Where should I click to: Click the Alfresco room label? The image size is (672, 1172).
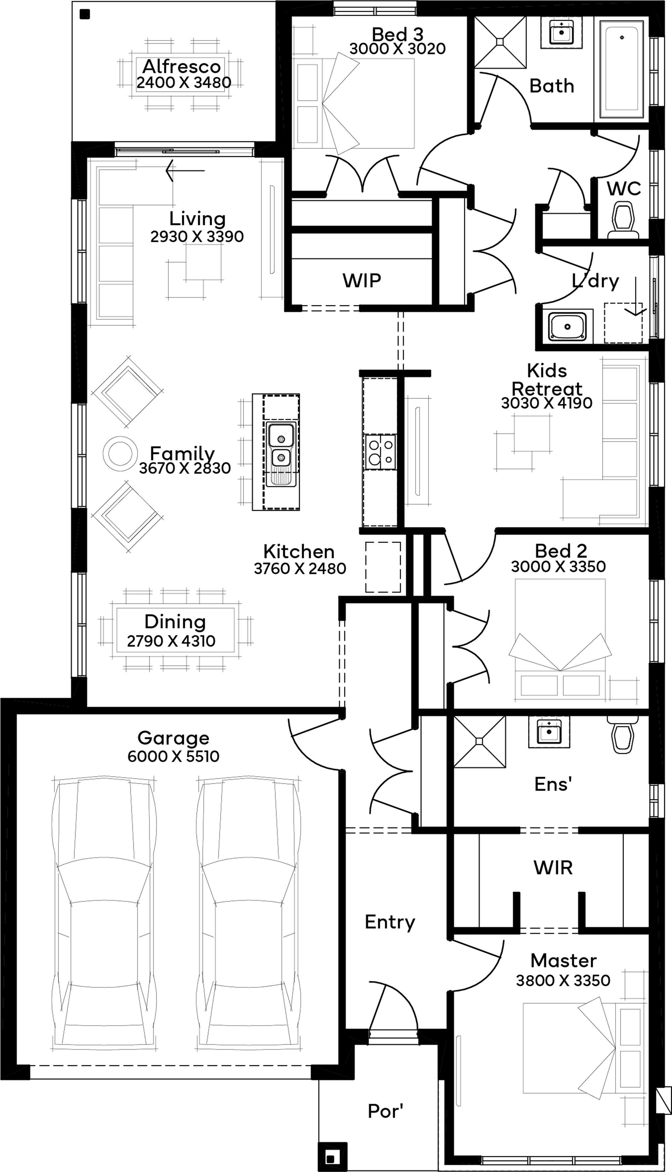[x=181, y=66]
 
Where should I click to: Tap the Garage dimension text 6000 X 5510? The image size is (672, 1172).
[x=173, y=756]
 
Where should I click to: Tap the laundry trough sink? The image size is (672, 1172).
[x=567, y=326]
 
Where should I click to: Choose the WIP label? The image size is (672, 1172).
[x=362, y=280]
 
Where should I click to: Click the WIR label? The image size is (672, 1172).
[x=553, y=868]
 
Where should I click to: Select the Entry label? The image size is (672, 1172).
[x=390, y=922]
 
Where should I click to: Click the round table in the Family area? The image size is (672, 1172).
[x=120, y=454]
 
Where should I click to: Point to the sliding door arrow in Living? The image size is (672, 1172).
[x=184, y=171]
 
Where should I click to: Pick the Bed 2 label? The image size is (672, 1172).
[x=561, y=551]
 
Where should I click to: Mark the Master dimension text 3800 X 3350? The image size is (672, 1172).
[x=563, y=980]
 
